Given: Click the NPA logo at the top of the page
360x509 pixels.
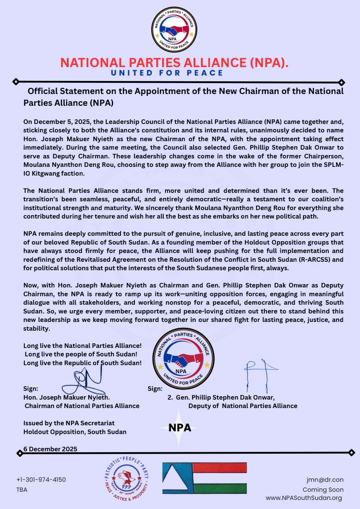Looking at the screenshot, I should point(174,30).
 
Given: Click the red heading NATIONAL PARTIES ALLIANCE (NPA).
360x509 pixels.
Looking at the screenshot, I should point(174,63).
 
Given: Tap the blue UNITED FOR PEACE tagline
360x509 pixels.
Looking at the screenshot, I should point(167,73).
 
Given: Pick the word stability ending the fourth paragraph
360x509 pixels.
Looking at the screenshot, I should point(36,329).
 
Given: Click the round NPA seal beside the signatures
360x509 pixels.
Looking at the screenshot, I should point(183,358).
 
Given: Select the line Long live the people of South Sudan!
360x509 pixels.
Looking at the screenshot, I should point(81,354).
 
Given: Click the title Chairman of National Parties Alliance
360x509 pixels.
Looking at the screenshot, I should point(82,406).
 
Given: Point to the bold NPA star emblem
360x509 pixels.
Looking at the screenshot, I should point(179,428).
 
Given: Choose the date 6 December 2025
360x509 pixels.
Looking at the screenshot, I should point(50,449).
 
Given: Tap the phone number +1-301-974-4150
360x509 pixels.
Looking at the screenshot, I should point(41,480).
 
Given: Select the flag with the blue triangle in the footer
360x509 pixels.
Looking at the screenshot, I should point(205,478).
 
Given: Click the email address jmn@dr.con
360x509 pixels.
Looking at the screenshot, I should point(325,480).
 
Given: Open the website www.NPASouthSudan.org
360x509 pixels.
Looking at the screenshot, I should point(304,498).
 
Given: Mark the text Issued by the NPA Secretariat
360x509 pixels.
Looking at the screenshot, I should point(69,423).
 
